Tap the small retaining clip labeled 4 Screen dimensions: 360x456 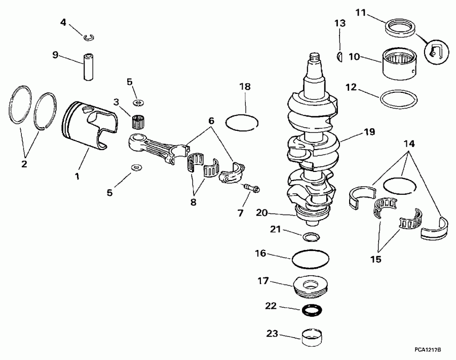coord(90,35)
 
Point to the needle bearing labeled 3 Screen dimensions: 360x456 coord(136,122)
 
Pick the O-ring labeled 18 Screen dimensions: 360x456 coord(242,122)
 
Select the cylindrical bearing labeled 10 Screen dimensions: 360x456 coord(400,62)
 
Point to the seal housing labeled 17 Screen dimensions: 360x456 coord(310,287)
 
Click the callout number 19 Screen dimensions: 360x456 coord(369,132)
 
